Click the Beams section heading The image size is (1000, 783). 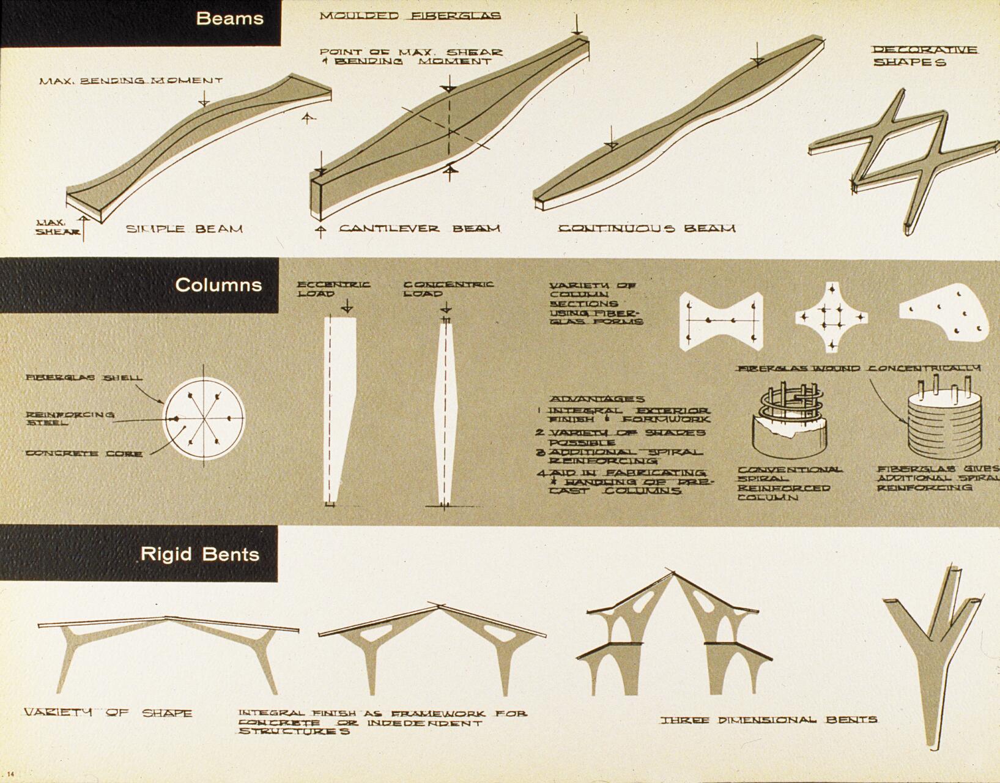pos(229,18)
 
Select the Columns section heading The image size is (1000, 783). pos(218,285)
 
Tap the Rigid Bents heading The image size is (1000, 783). pos(200,554)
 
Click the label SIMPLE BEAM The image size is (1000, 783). pos(184,229)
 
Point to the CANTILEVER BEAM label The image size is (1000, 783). pos(420,229)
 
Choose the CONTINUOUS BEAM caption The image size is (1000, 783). pos(646,229)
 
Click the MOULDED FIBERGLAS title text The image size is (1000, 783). pos(410,16)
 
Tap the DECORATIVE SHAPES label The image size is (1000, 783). pos(924,56)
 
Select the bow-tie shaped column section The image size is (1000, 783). pos(722,321)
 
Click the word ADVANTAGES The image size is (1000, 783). pos(596,399)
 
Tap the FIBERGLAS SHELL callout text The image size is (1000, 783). pos(84,378)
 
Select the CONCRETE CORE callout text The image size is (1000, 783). pos(84,453)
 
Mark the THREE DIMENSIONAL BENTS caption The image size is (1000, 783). pos(768,720)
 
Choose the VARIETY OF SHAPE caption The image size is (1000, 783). pos(108,713)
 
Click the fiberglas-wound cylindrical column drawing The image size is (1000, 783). pos(943,422)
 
